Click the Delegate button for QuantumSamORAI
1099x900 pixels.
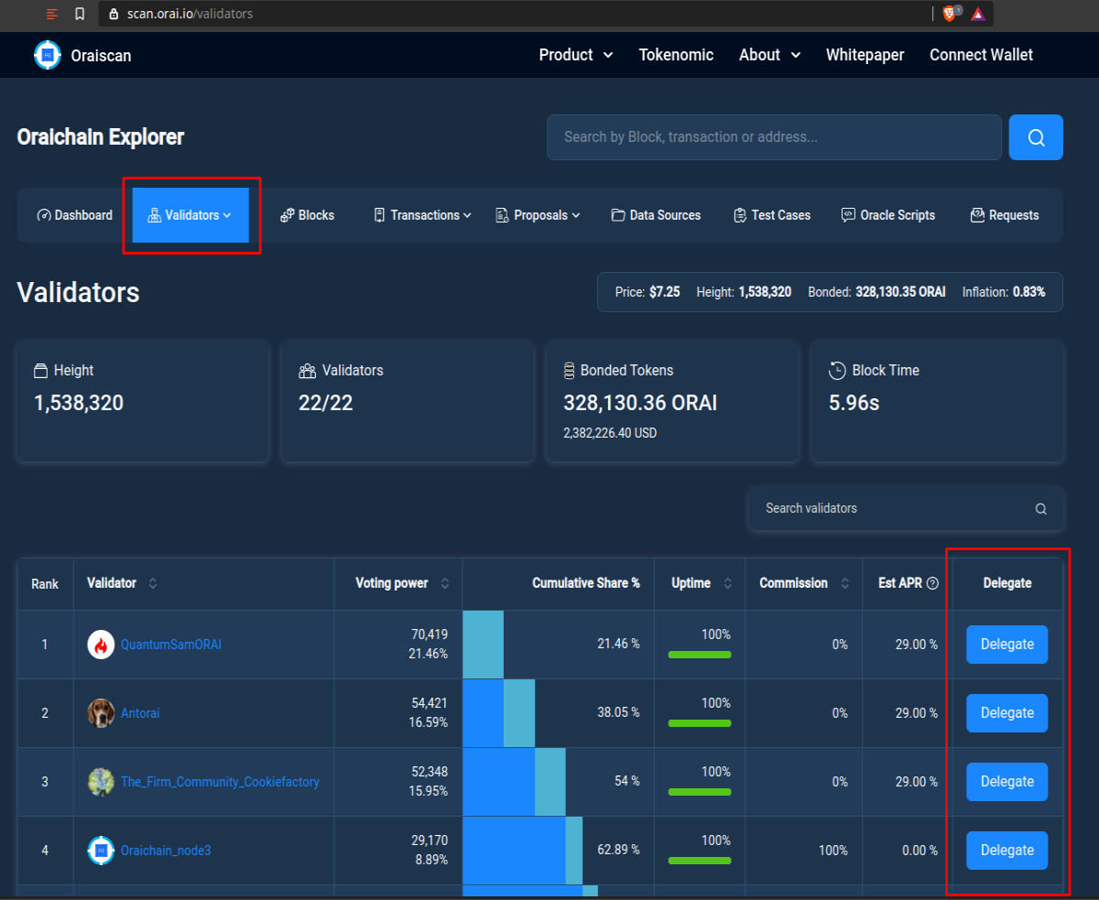pyautogui.click(x=1007, y=645)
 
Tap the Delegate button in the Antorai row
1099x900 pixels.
pyautogui.click(x=1007, y=713)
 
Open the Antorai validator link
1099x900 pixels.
pyautogui.click(x=140, y=713)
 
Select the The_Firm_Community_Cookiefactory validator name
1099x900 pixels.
pyautogui.click(x=220, y=782)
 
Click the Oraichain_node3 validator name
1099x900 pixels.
pyautogui.click(x=166, y=851)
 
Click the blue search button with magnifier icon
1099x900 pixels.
pyautogui.click(x=1036, y=137)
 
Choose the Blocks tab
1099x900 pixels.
pyautogui.click(x=308, y=215)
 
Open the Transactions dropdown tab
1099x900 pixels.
pyautogui.click(x=422, y=215)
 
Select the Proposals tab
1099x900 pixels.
pyautogui.click(x=538, y=215)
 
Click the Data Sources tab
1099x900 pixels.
pyautogui.click(x=656, y=215)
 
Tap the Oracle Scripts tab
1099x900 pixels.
pyautogui.click(x=888, y=215)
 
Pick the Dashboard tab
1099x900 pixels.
pyautogui.click(x=74, y=215)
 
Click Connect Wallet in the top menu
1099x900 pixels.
pyautogui.click(x=981, y=55)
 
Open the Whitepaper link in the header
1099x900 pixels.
pyautogui.click(x=865, y=55)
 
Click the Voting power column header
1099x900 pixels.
pyautogui.click(x=392, y=583)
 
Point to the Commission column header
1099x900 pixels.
pyautogui.click(x=793, y=583)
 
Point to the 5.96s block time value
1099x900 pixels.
pyautogui.click(x=854, y=403)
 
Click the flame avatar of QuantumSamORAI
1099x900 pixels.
pyautogui.click(x=101, y=645)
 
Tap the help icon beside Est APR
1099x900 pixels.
pyautogui.click(x=932, y=583)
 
